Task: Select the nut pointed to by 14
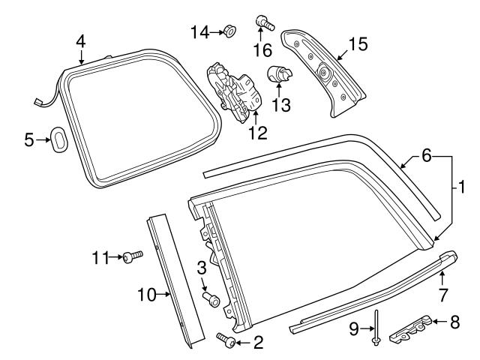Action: pyautogui.click(x=229, y=31)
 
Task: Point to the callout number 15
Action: pyautogui.click(x=358, y=44)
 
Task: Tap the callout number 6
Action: pyautogui.click(x=426, y=156)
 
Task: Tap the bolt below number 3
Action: pyautogui.click(x=211, y=300)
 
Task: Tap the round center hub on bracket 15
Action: pyautogui.click(x=325, y=73)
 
